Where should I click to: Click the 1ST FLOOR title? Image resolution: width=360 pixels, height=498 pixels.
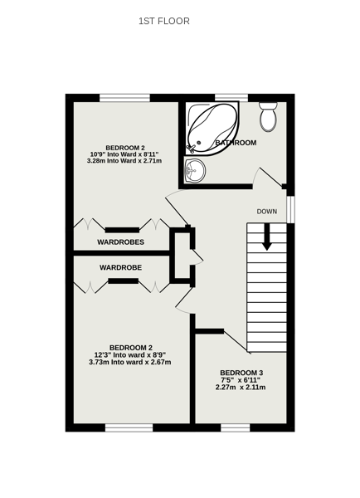tap(164, 21)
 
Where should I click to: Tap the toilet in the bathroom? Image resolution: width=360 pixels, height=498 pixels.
tap(268, 116)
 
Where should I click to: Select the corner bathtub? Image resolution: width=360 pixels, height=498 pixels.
tap(212, 128)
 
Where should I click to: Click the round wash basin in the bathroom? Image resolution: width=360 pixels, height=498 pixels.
tap(195, 170)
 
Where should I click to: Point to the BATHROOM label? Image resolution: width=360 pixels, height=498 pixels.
tap(236, 143)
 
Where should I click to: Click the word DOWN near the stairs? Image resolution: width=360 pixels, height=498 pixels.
tap(266, 211)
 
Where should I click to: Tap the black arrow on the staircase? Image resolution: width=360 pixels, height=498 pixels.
tap(266, 237)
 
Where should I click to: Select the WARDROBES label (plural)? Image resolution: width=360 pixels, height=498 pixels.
tap(120, 242)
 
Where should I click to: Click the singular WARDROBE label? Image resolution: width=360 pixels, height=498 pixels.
tap(120, 268)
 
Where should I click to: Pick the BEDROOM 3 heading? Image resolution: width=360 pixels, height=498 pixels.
tap(241, 373)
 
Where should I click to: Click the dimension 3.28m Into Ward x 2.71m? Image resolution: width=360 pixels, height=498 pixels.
tap(124, 161)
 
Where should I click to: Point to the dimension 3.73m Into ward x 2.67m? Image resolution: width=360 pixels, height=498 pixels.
tap(130, 362)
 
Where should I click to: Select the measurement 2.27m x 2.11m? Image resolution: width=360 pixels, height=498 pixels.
tap(241, 387)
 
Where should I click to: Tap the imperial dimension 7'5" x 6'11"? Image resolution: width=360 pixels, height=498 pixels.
tap(241, 380)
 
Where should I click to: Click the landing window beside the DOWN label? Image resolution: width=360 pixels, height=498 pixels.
tap(290, 209)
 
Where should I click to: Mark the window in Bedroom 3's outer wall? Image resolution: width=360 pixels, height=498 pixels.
tap(236, 427)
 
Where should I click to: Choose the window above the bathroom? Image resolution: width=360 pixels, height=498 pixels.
tap(231, 98)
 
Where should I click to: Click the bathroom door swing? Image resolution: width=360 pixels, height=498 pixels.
tap(268, 178)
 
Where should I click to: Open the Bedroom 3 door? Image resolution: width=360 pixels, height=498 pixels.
tap(237, 341)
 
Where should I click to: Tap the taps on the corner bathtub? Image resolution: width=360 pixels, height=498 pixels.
tap(192, 148)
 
